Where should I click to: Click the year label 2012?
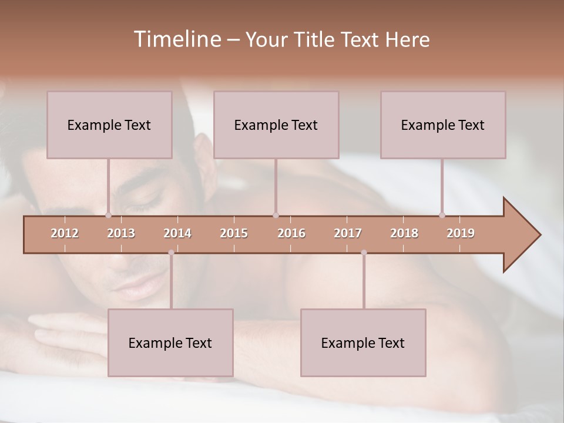[x=65, y=233]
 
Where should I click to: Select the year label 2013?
[x=121, y=233]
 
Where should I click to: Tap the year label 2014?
[x=177, y=233]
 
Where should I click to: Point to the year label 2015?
[x=234, y=233]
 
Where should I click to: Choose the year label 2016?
[x=291, y=233]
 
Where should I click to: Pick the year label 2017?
[x=348, y=233]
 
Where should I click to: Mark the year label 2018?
[x=404, y=233]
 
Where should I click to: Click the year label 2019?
[x=461, y=233]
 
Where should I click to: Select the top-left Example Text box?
[x=109, y=125]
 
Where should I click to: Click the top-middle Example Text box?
[x=276, y=125]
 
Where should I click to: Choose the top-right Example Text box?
[x=443, y=125]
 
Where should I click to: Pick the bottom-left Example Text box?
[x=170, y=343]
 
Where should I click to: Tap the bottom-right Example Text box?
[x=363, y=343]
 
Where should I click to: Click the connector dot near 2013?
[x=108, y=215]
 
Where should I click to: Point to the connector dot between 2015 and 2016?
[x=276, y=215]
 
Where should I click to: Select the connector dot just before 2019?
[x=442, y=215]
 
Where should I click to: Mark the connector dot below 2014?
[x=171, y=253]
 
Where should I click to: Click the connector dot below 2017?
[x=364, y=253]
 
